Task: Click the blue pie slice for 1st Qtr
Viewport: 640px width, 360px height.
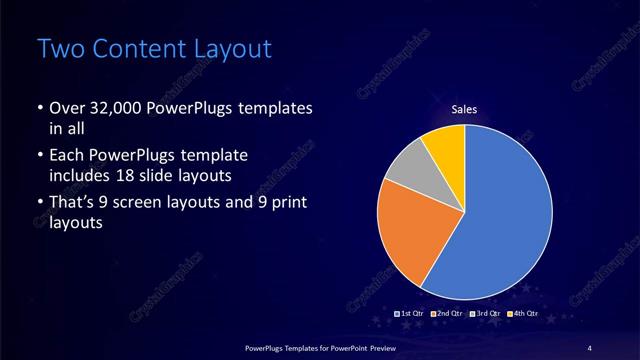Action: click(500, 220)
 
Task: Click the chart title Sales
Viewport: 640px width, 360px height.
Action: click(464, 109)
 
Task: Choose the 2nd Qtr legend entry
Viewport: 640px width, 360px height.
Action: click(448, 313)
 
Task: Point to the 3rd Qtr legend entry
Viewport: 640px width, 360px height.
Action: click(485, 313)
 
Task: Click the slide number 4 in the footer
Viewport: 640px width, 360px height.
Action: click(589, 347)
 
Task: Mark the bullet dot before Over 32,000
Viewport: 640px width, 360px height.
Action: click(39, 108)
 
